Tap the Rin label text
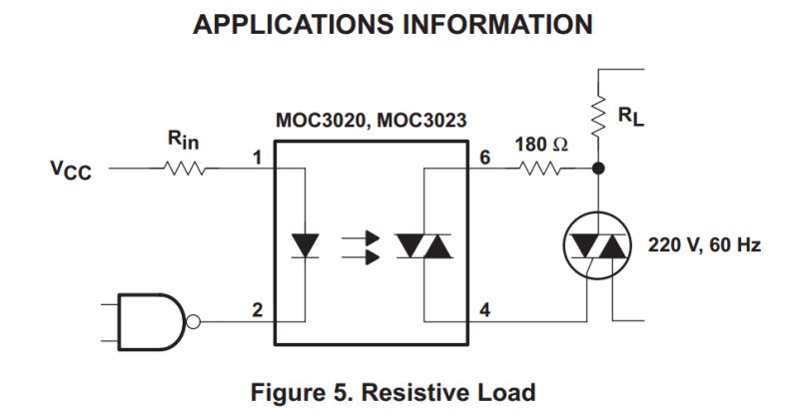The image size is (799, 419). click(182, 142)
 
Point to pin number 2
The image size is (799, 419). click(257, 309)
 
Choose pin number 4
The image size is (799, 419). click(485, 309)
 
